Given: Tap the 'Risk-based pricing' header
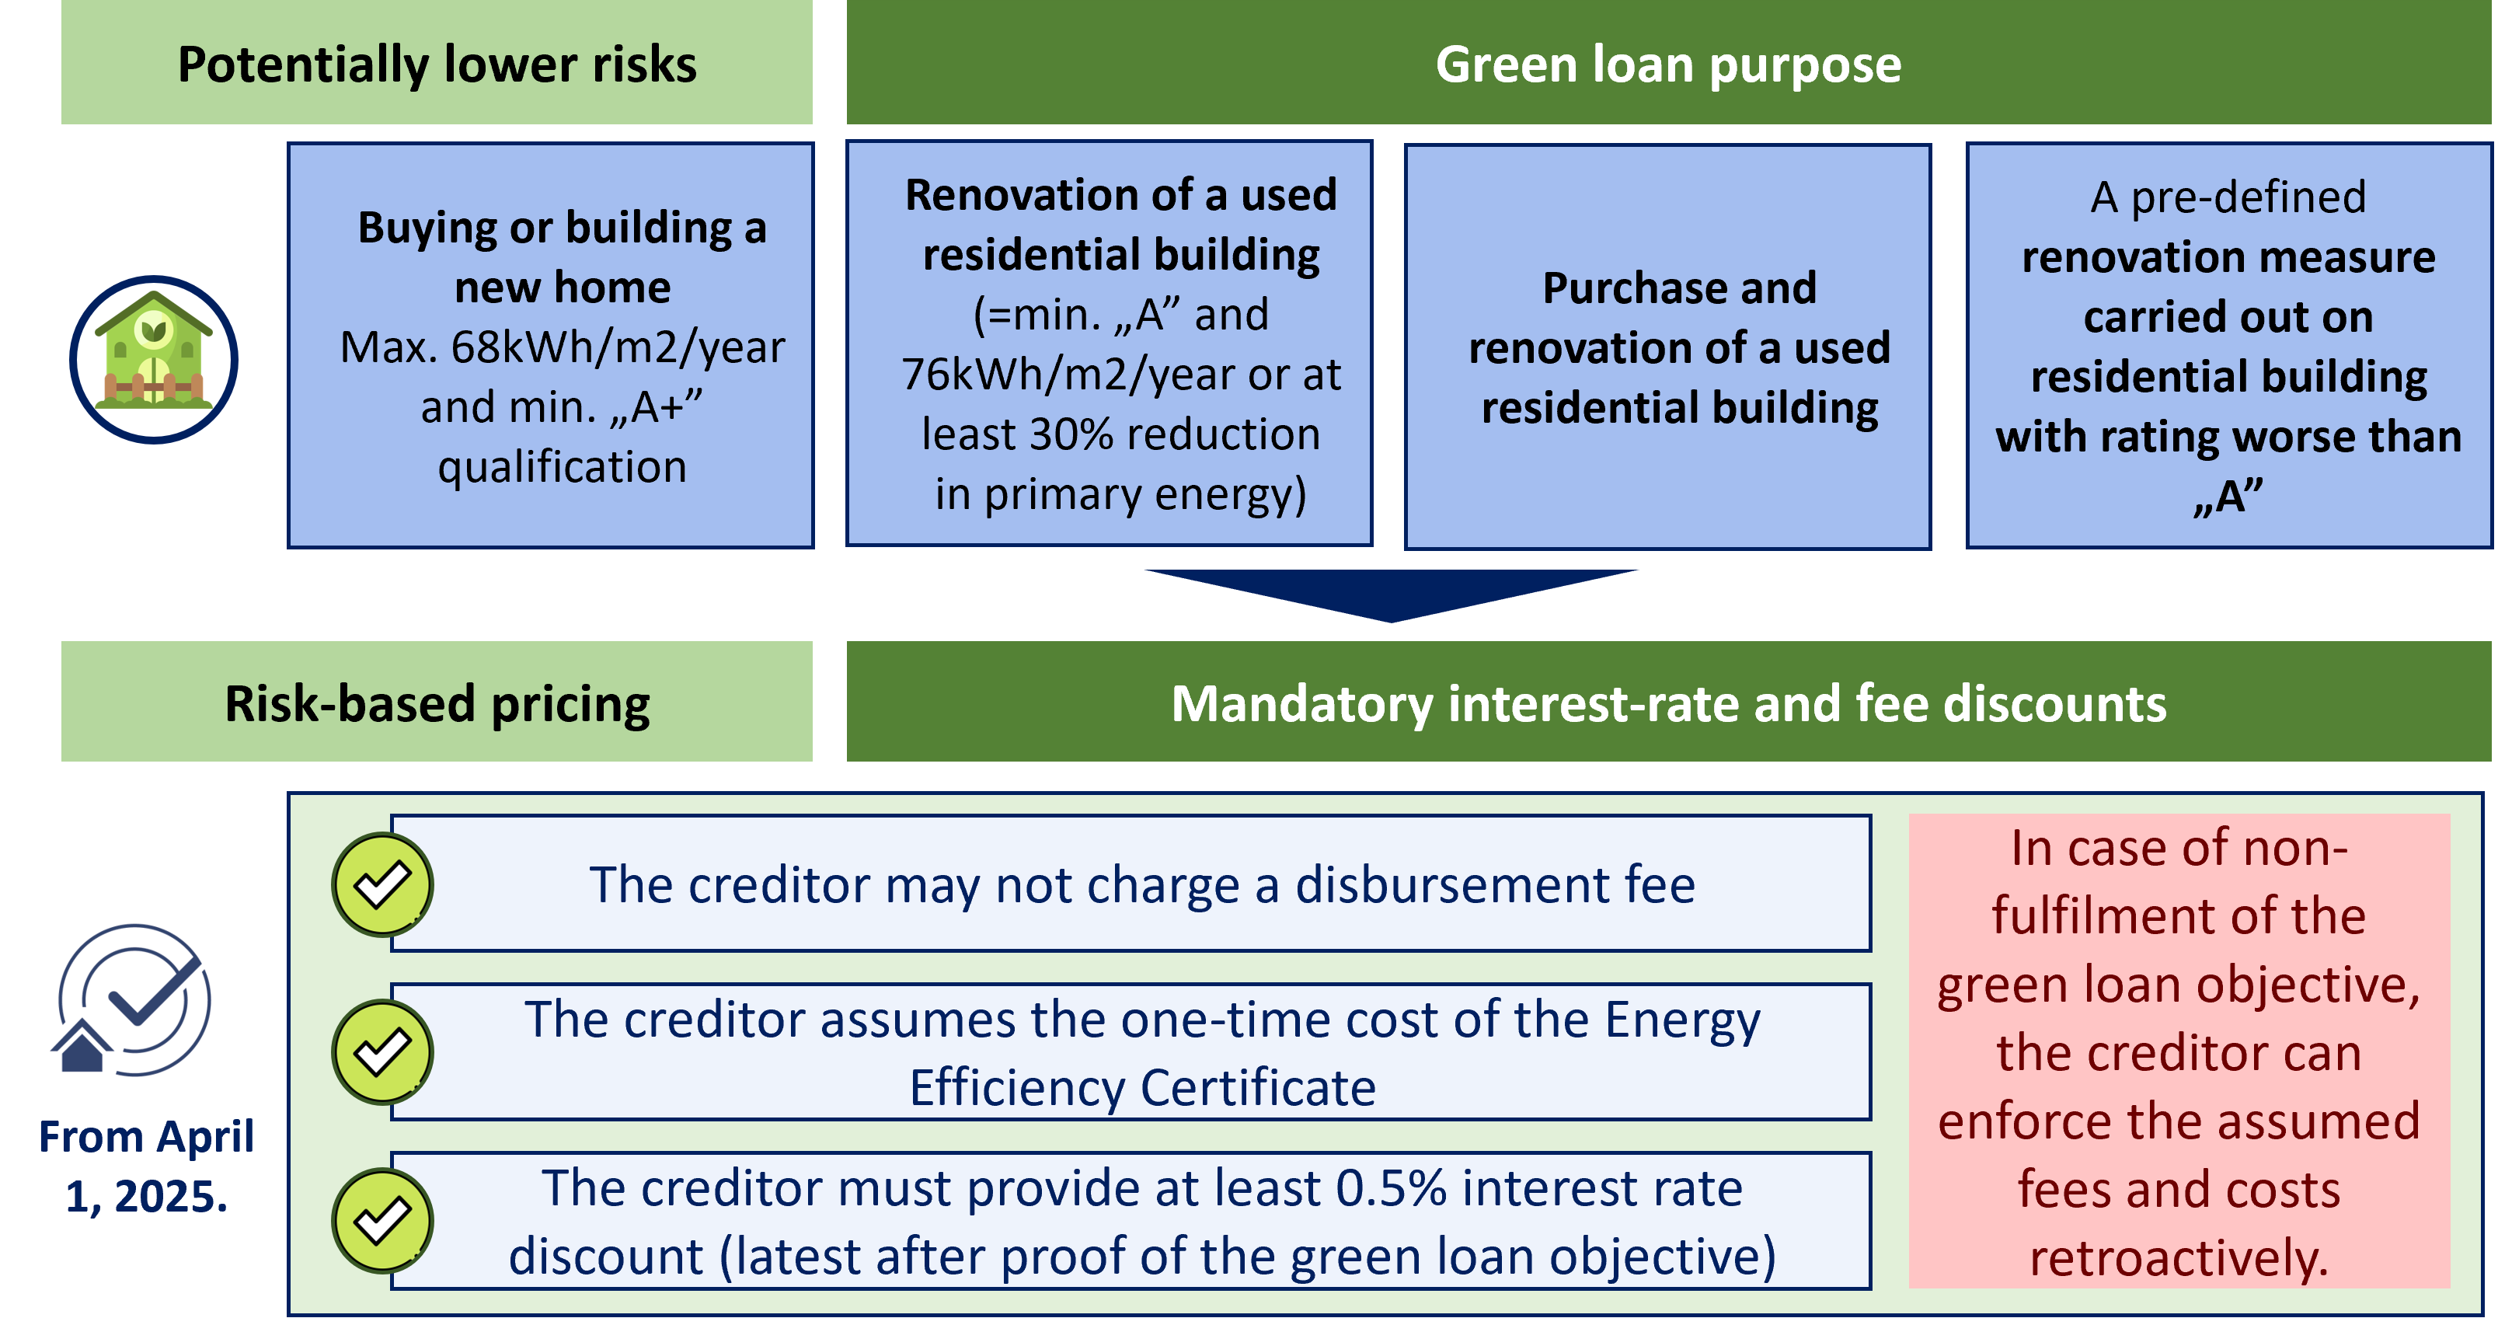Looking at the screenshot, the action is [x=437, y=702].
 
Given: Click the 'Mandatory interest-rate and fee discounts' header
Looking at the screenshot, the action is [x=1669, y=702].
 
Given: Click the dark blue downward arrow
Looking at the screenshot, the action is [x=1392, y=595].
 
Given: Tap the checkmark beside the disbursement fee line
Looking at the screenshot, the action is [x=382, y=884].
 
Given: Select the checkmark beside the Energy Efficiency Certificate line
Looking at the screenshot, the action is [x=382, y=1051].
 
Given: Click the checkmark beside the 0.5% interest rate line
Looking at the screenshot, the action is [x=382, y=1220].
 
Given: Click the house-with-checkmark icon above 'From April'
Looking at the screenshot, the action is [x=131, y=1000].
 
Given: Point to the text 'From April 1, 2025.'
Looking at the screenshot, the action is [x=146, y=1166].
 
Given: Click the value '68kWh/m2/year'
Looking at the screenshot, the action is [x=618, y=347].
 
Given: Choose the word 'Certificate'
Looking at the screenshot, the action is [x=1259, y=1086].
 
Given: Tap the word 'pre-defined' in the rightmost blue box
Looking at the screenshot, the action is [x=2249, y=197].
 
